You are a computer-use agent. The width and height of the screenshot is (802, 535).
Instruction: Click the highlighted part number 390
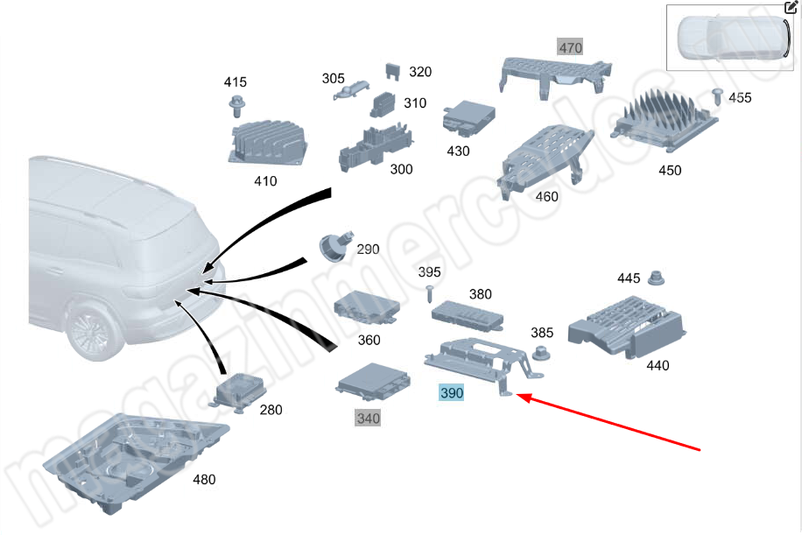click(451, 394)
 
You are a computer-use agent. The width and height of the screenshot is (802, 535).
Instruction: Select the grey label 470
click(570, 47)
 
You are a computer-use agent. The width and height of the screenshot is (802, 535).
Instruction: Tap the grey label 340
click(368, 419)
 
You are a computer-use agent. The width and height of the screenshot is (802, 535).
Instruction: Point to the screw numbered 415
click(236, 107)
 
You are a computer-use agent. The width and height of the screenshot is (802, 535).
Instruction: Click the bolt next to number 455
click(717, 95)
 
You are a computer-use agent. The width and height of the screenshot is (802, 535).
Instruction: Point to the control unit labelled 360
click(367, 309)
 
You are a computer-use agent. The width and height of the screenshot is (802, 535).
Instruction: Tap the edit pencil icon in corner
click(791, 8)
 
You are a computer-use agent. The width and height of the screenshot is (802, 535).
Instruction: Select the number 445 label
click(628, 278)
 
